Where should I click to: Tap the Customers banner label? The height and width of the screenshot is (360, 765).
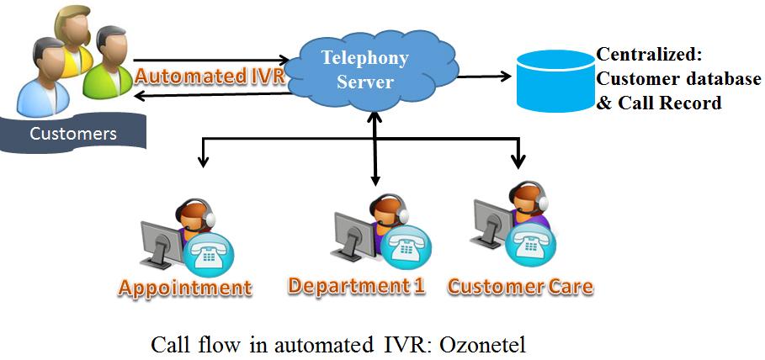point(73,134)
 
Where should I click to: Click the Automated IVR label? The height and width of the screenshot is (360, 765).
point(209,75)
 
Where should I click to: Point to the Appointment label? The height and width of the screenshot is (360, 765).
point(185,288)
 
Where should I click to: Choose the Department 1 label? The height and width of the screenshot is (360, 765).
point(356,285)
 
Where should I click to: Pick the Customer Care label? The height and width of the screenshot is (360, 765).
point(519,286)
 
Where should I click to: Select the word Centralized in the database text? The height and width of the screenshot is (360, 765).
point(648,56)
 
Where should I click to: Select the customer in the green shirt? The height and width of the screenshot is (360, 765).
point(109,63)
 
